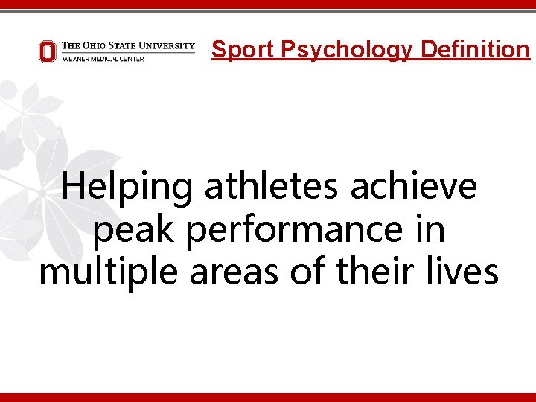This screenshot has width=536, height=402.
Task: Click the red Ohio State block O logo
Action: tap(47, 51)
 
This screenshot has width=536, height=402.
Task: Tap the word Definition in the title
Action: tap(474, 50)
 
